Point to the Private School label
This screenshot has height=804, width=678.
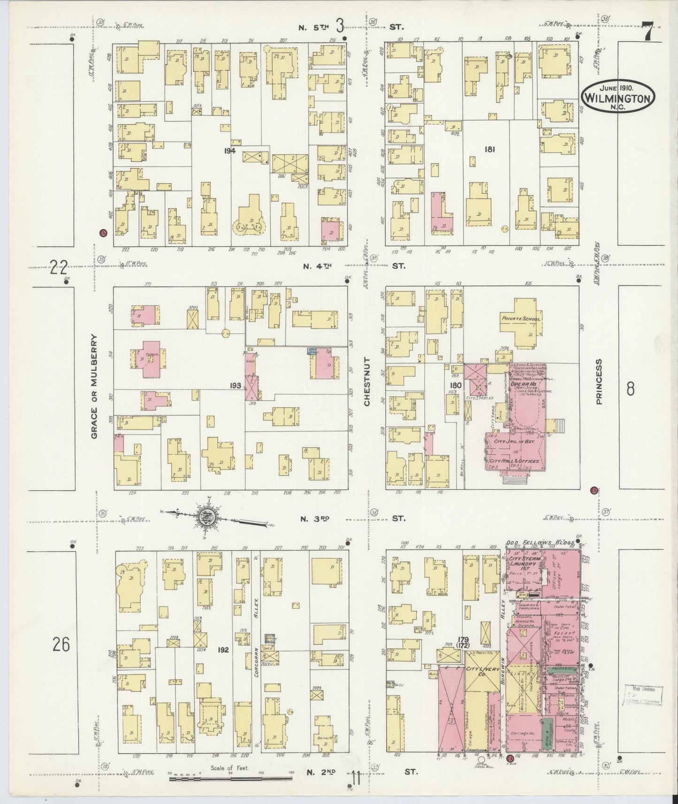[x=521, y=319]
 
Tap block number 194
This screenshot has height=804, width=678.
[x=229, y=151]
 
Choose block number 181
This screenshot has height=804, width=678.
[x=490, y=149]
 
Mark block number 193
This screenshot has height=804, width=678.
[x=236, y=386]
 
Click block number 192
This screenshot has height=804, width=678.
[x=223, y=650]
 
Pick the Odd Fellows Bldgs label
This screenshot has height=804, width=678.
[x=541, y=543]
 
